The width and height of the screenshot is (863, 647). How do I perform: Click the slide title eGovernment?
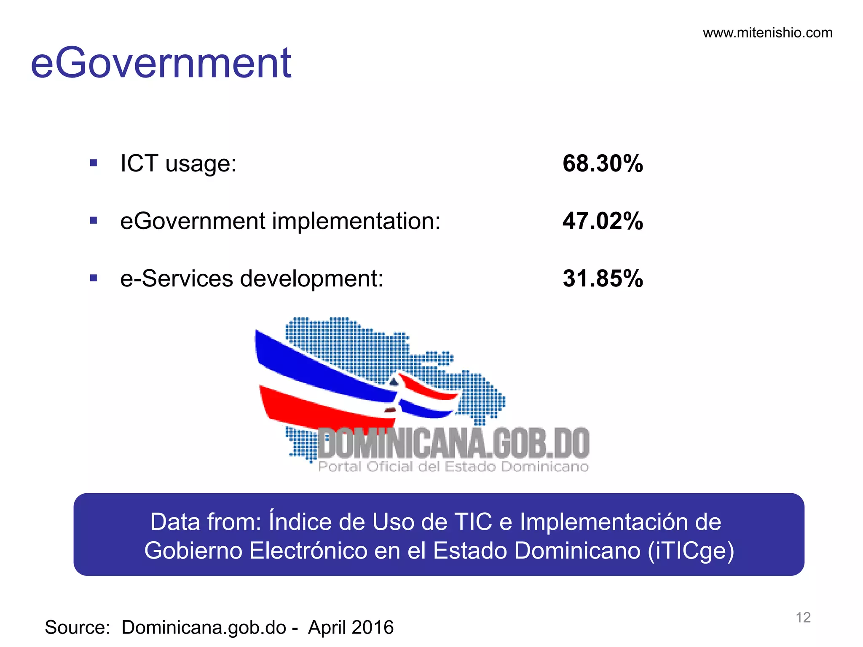[161, 63]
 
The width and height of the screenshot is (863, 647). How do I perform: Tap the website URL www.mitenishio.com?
[767, 33]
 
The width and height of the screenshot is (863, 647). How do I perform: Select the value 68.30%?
[603, 163]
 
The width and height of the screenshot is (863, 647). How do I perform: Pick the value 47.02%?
[603, 221]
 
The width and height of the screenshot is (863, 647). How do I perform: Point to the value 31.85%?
[603, 278]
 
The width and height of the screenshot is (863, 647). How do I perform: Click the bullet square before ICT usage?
[94, 163]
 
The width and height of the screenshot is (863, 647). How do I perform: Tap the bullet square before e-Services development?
[94, 278]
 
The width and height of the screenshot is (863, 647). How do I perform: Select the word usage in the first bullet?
[201, 164]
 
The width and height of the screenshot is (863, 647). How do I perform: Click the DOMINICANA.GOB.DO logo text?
[453, 443]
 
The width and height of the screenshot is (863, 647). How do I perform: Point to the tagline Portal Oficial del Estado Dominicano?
[453, 467]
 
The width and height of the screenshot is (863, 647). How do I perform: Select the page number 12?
[803, 618]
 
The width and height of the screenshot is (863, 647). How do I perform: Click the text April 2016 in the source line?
[351, 627]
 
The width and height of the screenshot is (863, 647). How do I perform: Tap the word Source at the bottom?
[77, 627]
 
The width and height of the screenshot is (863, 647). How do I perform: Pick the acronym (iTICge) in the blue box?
[691, 551]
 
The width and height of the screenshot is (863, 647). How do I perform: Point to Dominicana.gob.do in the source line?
[204, 627]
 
